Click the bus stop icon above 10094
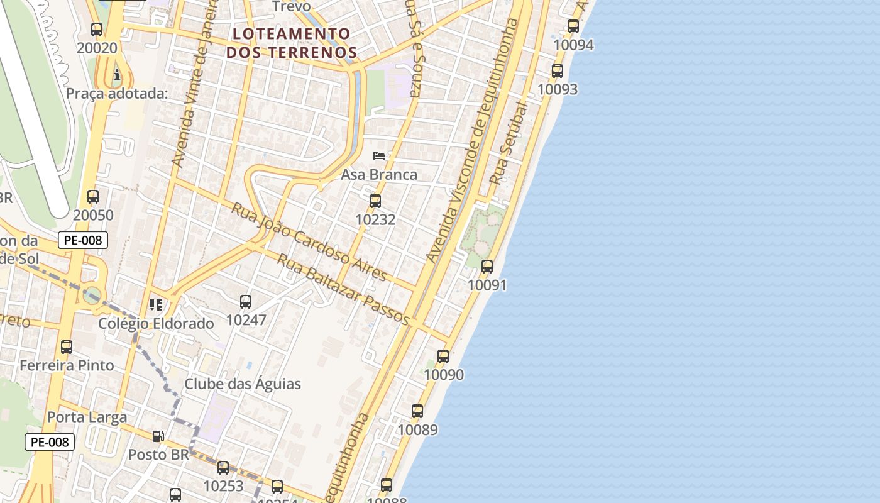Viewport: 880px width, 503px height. coord(573,26)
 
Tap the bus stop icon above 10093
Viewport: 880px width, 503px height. coord(558,71)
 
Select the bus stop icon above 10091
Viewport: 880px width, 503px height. coord(487,267)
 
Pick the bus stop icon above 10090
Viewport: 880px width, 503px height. coord(443,357)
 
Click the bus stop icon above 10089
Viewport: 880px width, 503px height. coord(417,412)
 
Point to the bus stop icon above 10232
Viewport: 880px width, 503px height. coord(375,201)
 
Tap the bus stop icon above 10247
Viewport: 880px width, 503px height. coord(246,302)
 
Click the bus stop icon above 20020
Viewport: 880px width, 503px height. coord(97,30)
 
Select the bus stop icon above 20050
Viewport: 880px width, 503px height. coord(93,197)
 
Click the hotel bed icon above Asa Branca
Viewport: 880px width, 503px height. coord(379,155)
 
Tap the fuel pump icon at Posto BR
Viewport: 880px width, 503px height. coord(158,436)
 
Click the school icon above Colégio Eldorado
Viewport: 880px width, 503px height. coord(156,306)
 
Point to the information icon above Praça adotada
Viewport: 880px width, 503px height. coord(116,75)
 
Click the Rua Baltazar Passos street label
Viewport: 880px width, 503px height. coord(343,290)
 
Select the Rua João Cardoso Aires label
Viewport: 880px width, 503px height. coord(309,241)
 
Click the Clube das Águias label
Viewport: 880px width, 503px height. coord(243,384)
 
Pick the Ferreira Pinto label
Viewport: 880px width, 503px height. coord(67,365)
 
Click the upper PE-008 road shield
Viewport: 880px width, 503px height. coord(83,240)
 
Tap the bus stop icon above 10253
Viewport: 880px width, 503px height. coord(223,468)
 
